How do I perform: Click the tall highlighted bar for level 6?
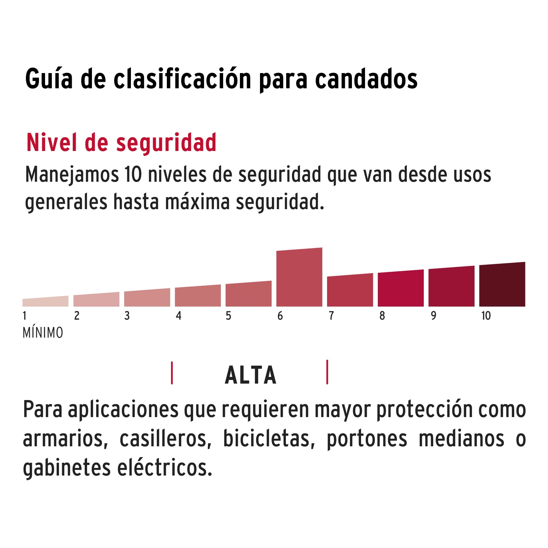[x=299, y=278]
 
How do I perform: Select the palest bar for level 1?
[x=45, y=302]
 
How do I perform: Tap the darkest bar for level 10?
[x=502, y=285]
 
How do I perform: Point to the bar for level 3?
[x=147, y=298]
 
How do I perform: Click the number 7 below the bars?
[x=331, y=316]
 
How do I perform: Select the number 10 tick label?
[x=486, y=316]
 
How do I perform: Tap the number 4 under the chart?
[x=178, y=316]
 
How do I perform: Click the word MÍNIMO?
[x=43, y=333]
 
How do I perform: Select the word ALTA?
[x=250, y=375]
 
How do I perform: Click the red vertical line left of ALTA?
[x=172, y=373]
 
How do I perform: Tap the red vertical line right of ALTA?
[x=327, y=372]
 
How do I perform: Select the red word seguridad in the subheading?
[x=166, y=143]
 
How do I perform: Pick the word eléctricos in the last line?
[x=164, y=468]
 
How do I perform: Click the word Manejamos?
[x=72, y=175]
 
